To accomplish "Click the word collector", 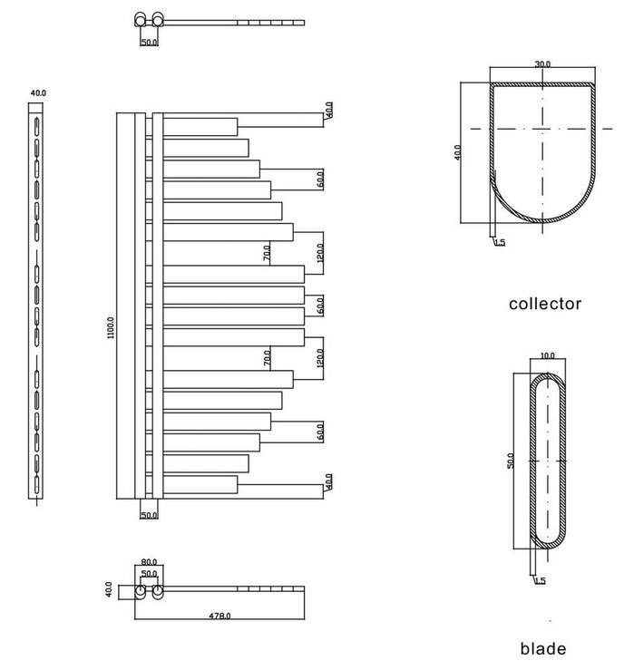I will (544, 304).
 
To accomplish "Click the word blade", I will (543, 648).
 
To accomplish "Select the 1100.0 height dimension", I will (111, 327).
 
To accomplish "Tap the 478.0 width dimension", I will (219, 616).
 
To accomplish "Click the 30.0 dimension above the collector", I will (542, 65).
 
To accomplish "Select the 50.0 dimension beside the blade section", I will (511, 460).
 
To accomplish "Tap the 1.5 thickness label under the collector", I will (500, 242).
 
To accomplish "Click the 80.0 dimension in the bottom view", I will (149, 562).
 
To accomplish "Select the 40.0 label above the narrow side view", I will (37, 92).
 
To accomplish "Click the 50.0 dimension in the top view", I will (149, 42).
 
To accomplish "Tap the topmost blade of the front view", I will (200, 126).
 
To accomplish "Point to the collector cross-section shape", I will (542, 154).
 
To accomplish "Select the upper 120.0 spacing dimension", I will (320, 252).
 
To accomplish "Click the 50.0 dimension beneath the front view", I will (149, 515).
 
